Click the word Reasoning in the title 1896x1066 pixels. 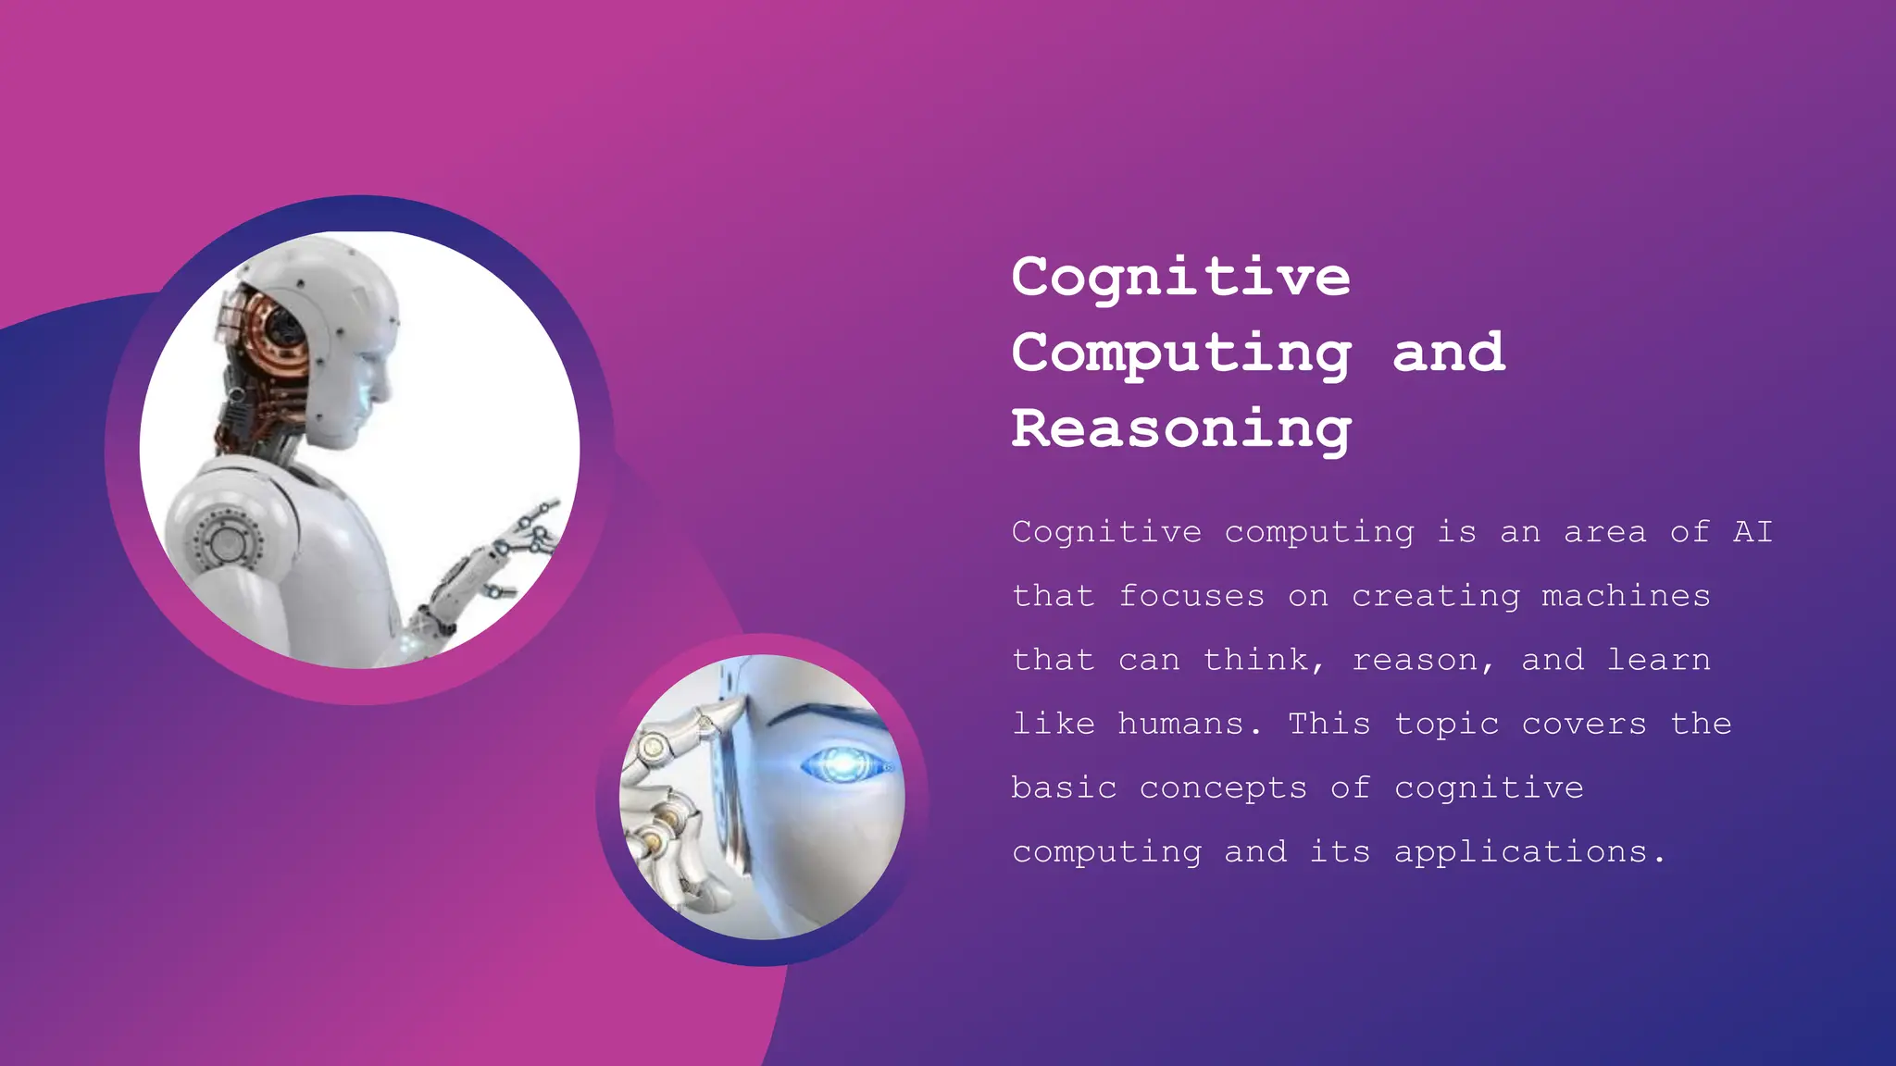[1180, 429]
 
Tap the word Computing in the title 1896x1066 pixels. [1180, 353]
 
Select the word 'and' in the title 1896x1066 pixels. [1449, 352]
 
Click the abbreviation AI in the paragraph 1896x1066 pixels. [1753, 532]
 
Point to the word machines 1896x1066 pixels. [1626, 596]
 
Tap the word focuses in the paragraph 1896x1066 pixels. [1191, 596]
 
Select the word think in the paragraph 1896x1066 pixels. [1256, 660]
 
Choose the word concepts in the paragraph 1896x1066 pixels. [1223, 788]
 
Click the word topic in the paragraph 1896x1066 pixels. [1446, 725]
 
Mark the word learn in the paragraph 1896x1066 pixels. [1658, 660]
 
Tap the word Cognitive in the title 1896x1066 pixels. [1180, 277]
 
